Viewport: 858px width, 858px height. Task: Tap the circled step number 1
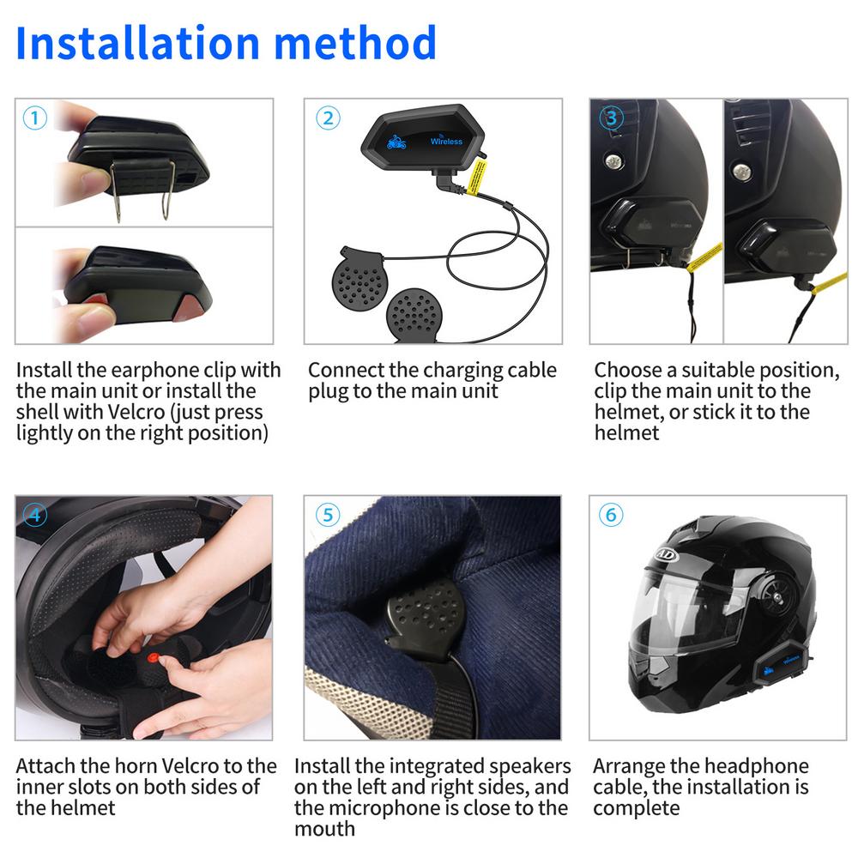pyautogui.click(x=33, y=118)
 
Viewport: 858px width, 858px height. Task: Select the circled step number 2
pyautogui.click(x=327, y=118)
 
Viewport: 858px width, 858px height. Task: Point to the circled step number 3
pyautogui.click(x=611, y=118)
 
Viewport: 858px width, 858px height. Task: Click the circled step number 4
pyautogui.click(x=34, y=516)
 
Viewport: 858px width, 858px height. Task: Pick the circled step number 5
pyautogui.click(x=327, y=515)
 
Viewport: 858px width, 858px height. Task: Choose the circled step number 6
pyautogui.click(x=611, y=515)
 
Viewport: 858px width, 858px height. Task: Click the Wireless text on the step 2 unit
pyautogui.click(x=446, y=142)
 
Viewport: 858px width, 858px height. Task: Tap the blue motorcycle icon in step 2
pyautogui.click(x=396, y=142)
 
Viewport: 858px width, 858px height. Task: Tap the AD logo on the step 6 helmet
pyautogui.click(x=665, y=553)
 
